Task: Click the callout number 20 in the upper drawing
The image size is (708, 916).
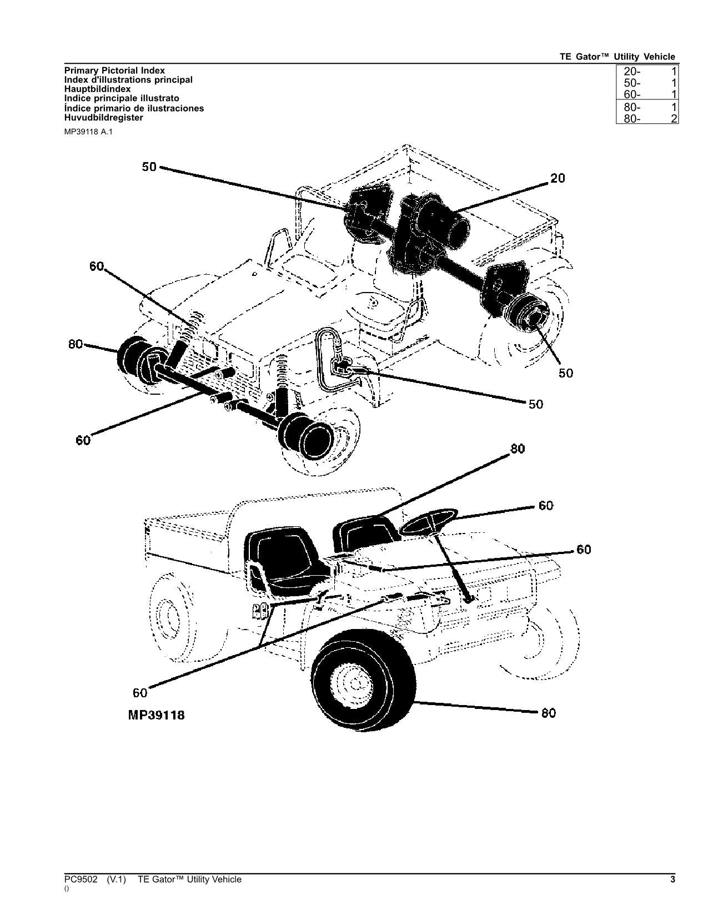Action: pyautogui.click(x=558, y=178)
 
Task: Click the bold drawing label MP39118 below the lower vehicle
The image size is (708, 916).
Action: pyautogui.click(x=156, y=715)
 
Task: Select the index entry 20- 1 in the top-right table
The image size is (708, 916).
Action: pyautogui.click(x=647, y=71)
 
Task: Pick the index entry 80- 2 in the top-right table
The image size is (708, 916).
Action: pyautogui.click(x=647, y=118)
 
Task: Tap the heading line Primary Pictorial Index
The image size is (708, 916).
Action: pyautogui.click(x=114, y=71)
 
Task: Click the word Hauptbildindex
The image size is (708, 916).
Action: pyautogui.click(x=98, y=89)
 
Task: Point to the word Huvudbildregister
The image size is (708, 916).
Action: pyautogui.click(x=104, y=118)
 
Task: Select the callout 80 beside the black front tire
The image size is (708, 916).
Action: pyautogui.click(x=548, y=713)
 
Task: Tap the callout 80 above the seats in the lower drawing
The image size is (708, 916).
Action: pyautogui.click(x=518, y=449)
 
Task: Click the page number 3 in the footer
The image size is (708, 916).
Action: pyautogui.click(x=672, y=879)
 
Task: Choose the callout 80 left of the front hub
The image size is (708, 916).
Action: pyautogui.click(x=76, y=344)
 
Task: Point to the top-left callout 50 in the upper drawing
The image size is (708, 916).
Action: pyautogui.click(x=149, y=167)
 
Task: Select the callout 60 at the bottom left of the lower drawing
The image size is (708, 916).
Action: pyautogui.click(x=140, y=693)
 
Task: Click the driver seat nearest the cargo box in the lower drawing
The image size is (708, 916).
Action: pyautogui.click(x=283, y=558)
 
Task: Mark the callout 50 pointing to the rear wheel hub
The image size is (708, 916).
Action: pyautogui.click(x=566, y=373)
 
